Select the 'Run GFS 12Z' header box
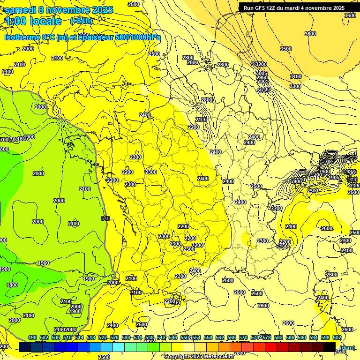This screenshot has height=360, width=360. (x=294, y=7)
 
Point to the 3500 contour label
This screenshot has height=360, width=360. (x=285, y=49)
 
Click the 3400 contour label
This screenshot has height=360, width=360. (x=295, y=76)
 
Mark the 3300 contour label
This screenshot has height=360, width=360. (x=295, y=86)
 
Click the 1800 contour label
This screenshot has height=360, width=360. (x=12, y=285)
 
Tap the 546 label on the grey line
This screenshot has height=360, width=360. (x=105, y=218)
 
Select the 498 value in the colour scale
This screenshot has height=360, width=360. (x=32, y=338)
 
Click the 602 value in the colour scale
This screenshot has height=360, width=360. (x=336, y=338)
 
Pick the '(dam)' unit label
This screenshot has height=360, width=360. (x=347, y=347)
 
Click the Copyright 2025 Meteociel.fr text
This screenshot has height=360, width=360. (x=199, y=356)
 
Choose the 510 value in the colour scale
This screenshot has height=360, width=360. (x=67, y=338)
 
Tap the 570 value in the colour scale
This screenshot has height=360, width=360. (x=243, y=338)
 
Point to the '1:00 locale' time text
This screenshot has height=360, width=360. (x=33, y=21)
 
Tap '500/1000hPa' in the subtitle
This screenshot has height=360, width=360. (x=138, y=37)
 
